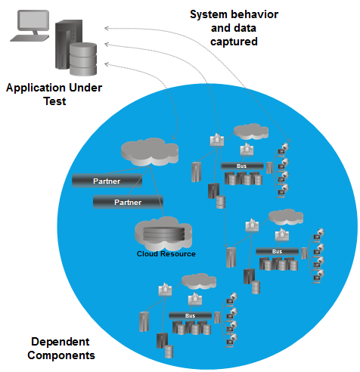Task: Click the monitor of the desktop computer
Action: [x=33, y=20]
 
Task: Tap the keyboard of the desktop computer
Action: [x=29, y=38]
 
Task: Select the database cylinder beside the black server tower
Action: [x=83, y=59]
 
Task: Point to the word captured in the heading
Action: [x=234, y=42]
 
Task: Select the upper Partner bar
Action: [x=107, y=181]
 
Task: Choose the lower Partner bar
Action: [x=128, y=202]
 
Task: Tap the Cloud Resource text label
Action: [x=166, y=254]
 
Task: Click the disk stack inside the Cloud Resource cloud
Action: [x=164, y=234]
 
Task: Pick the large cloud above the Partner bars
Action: [x=150, y=152]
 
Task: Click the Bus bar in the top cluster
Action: [x=242, y=166]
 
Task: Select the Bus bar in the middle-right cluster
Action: [x=277, y=252]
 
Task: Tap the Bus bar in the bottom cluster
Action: [x=190, y=316]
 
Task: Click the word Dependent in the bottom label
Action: [x=61, y=342]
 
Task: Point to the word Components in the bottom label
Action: [x=61, y=355]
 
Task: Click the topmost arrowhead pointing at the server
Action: [x=107, y=28]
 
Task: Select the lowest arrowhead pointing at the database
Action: [x=107, y=64]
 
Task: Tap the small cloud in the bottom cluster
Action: [x=199, y=281]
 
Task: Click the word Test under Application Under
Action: [x=54, y=101]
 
